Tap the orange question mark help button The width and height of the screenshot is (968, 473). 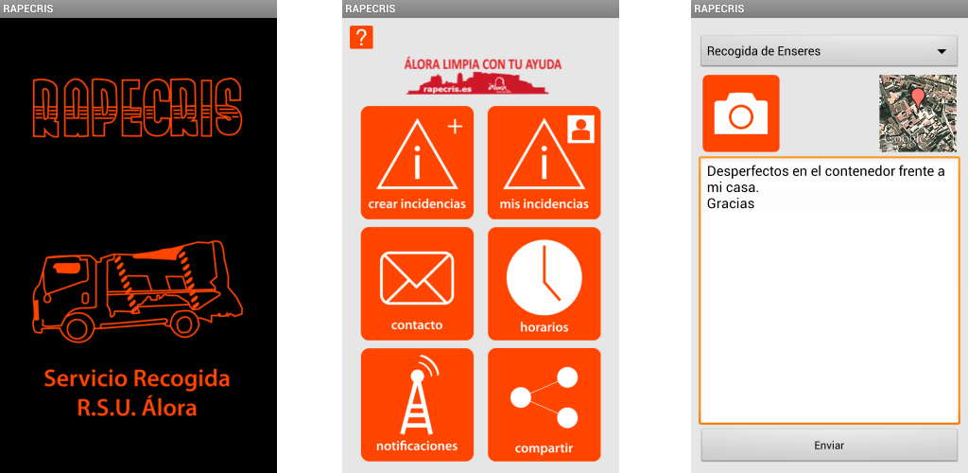tap(361, 38)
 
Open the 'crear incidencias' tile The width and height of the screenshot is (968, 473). tap(417, 163)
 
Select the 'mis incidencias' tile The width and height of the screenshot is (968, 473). tap(544, 163)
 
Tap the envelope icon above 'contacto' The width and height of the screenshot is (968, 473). tap(417, 278)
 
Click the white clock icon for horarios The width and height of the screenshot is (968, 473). tap(544, 277)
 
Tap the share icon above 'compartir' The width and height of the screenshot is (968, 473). tap(544, 397)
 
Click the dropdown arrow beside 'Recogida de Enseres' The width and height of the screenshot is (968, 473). tap(942, 52)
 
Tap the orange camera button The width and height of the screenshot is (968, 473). tap(741, 113)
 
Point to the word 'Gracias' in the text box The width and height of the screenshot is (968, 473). tap(731, 203)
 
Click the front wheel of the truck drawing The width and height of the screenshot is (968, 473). tap(77, 326)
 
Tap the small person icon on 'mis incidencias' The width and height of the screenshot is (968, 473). tap(580, 129)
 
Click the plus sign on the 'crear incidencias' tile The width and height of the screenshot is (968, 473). tap(455, 127)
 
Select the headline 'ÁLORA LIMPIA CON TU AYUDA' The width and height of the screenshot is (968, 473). tap(483, 63)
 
